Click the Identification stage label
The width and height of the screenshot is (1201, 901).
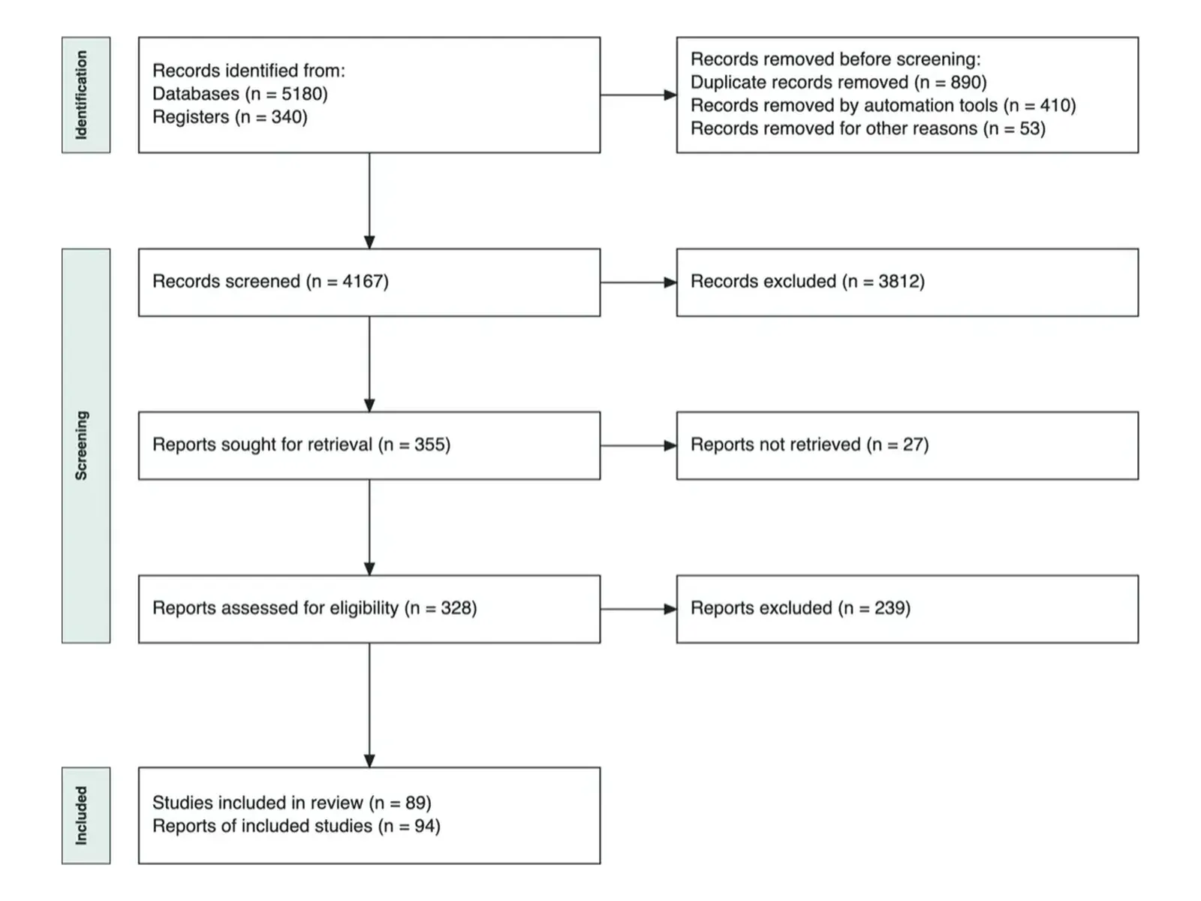(x=81, y=95)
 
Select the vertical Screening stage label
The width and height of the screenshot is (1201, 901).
(x=81, y=445)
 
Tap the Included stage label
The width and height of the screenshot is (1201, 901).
(x=81, y=815)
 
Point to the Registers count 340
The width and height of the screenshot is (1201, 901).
(x=286, y=117)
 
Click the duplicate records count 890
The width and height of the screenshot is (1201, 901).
(x=966, y=82)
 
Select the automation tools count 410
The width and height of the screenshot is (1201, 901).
(x=1055, y=105)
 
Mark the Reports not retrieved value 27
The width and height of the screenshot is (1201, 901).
(x=913, y=444)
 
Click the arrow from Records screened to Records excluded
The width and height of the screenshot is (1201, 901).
(x=639, y=282)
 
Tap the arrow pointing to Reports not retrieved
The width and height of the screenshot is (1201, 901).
(x=639, y=446)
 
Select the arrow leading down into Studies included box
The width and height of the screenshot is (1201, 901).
(x=369, y=705)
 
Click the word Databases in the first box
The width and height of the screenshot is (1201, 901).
(x=196, y=94)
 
